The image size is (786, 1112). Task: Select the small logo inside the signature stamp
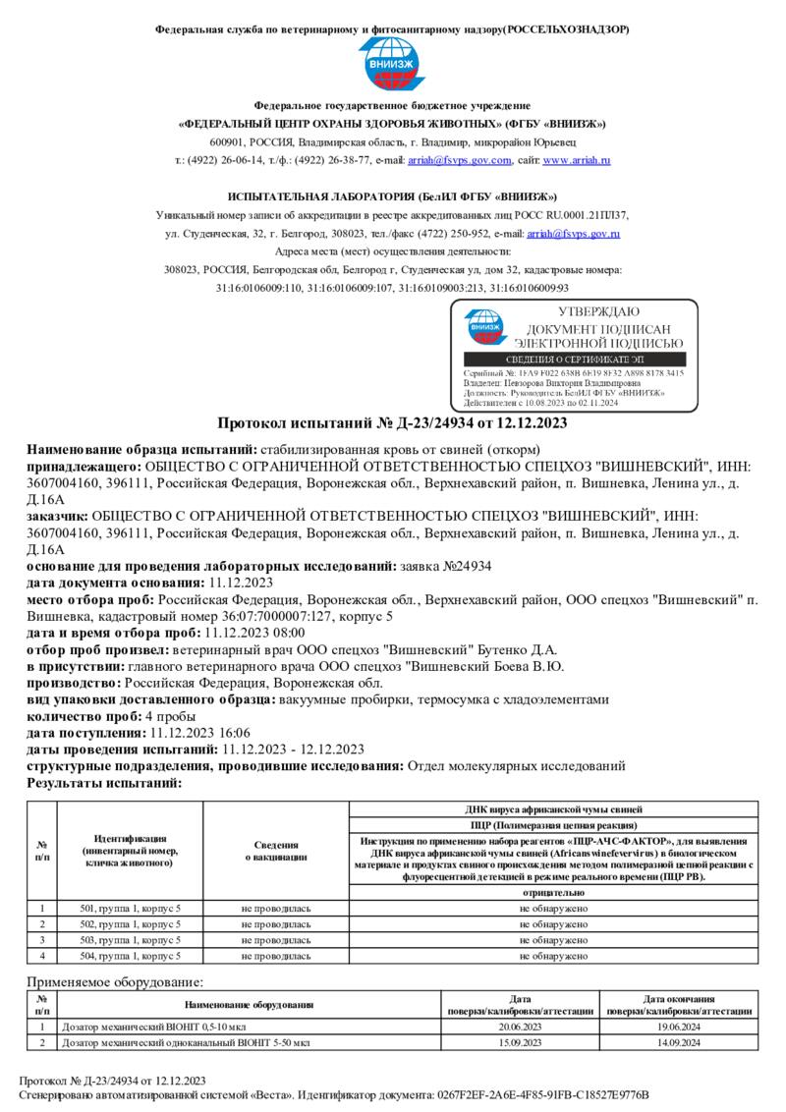(482, 328)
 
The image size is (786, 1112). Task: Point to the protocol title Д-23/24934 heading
(392, 423)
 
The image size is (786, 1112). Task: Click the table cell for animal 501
(130, 909)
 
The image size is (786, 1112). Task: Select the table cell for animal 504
(130, 955)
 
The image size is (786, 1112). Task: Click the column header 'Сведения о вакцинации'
(276, 851)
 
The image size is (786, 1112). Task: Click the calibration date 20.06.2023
(520, 1027)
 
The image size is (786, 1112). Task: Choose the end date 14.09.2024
(678, 1042)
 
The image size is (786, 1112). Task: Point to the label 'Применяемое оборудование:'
(114, 981)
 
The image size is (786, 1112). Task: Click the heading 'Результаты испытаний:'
(104, 783)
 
